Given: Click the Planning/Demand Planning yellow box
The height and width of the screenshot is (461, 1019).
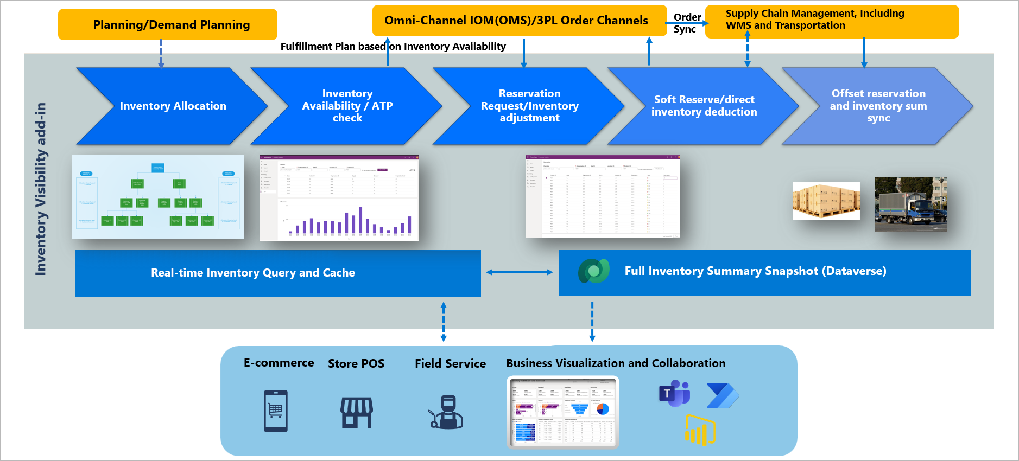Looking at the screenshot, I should (167, 24).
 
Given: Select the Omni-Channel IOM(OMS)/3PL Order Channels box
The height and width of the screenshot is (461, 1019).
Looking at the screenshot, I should (519, 21).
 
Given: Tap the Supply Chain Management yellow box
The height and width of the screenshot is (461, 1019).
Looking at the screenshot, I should (831, 21).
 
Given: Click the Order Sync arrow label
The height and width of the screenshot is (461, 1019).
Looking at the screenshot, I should (686, 23).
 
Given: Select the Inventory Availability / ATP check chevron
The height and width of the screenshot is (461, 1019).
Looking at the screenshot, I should (347, 106).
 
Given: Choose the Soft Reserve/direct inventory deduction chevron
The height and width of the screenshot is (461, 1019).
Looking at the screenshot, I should (704, 106).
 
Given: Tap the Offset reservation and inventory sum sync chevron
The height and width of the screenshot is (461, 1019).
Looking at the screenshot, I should (878, 106).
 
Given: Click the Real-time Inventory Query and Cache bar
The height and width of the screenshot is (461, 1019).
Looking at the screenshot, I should (277, 273).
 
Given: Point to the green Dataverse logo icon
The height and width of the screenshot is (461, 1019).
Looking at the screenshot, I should (593, 271).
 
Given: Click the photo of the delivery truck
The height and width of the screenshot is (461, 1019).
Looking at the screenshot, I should (910, 205).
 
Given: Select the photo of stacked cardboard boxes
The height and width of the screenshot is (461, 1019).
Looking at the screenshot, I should (826, 201).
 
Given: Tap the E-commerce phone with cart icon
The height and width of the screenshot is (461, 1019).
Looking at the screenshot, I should (276, 411).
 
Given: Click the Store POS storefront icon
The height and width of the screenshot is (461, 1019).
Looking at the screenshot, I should (357, 412).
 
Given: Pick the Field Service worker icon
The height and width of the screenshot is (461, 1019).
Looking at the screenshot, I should (447, 412).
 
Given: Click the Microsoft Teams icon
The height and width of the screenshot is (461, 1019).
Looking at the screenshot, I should (674, 393).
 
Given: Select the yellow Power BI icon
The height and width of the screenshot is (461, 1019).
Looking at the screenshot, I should (700, 430).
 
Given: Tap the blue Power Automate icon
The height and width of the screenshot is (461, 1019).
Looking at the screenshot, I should (723, 395).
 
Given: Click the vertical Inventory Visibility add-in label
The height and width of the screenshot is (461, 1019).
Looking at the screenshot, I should (41, 189).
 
